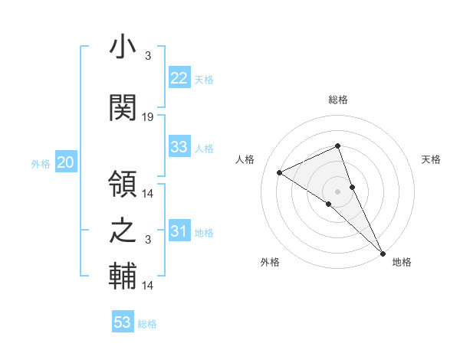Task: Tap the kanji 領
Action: (x=123, y=184)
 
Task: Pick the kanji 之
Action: (x=123, y=230)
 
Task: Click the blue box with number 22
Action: (x=179, y=78)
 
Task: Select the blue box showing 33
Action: (x=179, y=147)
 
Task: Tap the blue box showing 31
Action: (x=179, y=231)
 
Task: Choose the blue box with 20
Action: (x=66, y=162)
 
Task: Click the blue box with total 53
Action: (x=123, y=322)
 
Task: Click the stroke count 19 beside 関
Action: (x=148, y=117)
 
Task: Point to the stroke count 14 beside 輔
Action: (x=148, y=286)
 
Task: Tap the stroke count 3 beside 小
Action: (x=147, y=56)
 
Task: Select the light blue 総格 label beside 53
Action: (x=147, y=324)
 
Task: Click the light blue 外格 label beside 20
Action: (x=41, y=163)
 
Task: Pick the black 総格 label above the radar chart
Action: (x=338, y=100)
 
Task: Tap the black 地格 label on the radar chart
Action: (x=402, y=262)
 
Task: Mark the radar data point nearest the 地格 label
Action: (x=383, y=252)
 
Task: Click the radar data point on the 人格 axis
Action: (x=280, y=172)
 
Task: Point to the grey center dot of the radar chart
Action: (x=337, y=191)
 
